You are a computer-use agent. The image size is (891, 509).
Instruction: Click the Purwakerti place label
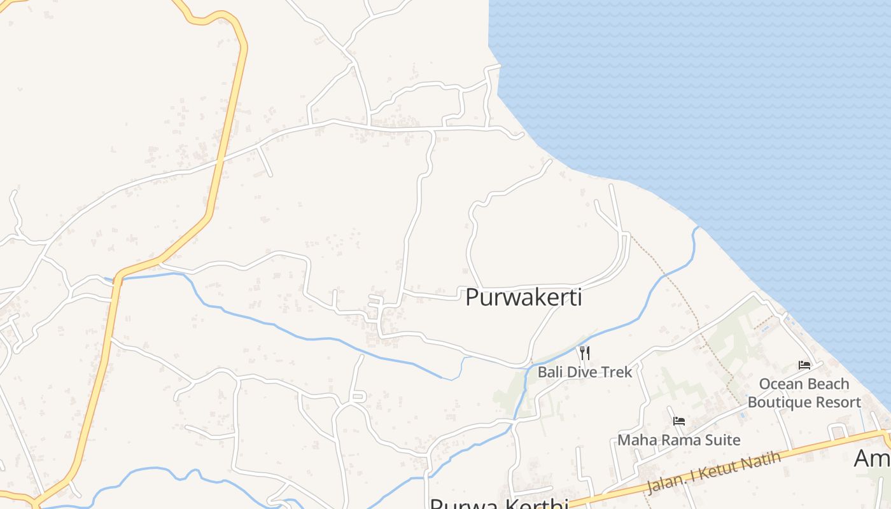coord(524,297)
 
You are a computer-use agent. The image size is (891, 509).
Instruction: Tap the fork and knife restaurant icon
coord(584,352)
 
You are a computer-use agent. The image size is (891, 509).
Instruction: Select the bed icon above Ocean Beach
coord(804,365)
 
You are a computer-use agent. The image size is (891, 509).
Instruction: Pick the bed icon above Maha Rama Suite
coord(679,421)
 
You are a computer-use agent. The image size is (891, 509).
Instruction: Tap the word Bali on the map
coord(551,372)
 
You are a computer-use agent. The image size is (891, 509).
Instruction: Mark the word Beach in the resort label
coord(829,384)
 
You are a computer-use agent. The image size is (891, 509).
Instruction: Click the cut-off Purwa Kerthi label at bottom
coord(499,504)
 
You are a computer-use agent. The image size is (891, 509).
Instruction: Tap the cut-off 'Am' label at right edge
coord(872,458)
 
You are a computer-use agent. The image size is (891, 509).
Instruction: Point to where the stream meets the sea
coord(698,228)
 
